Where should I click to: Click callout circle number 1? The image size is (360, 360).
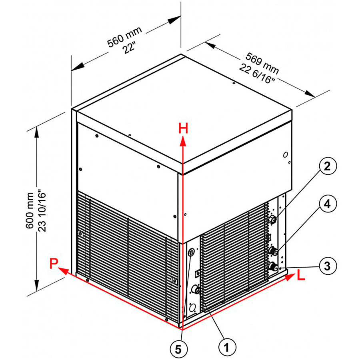click(x=227, y=346)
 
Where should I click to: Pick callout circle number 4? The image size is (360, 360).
click(x=327, y=204)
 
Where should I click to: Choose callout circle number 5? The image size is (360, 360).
click(x=178, y=349)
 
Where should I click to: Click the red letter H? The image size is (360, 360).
click(x=183, y=128)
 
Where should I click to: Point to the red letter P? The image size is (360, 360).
click(x=54, y=264)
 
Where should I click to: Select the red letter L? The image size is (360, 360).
click(x=302, y=275)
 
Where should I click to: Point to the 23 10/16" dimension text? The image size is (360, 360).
click(x=42, y=211)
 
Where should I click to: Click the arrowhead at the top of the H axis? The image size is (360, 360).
click(x=183, y=140)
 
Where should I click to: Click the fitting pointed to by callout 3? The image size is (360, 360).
click(x=274, y=267)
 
